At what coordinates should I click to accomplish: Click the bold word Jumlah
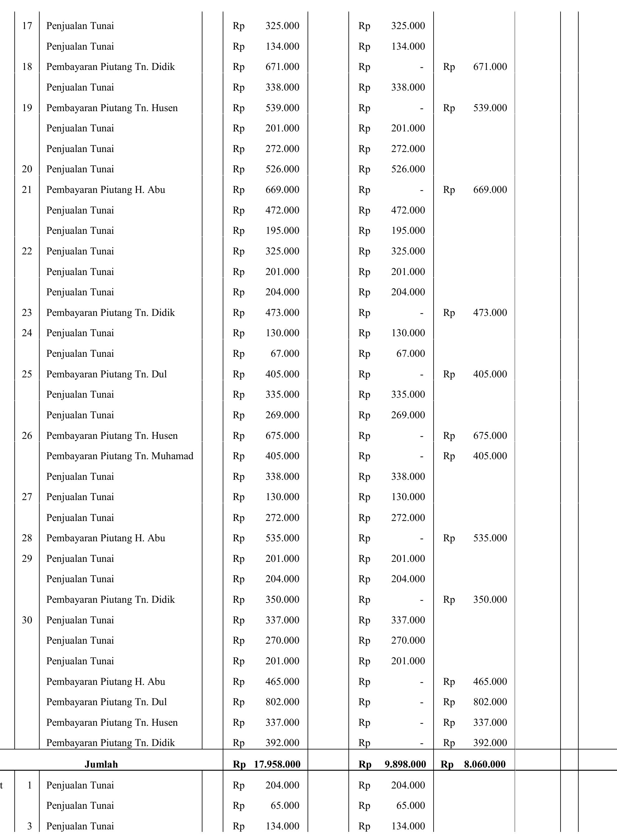pyautogui.click(x=101, y=764)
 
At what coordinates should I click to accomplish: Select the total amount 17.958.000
pyautogui.click(x=277, y=764)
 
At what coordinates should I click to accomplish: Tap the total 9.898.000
pyautogui.click(x=405, y=764)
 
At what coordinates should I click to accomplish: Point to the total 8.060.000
pyautogui.click(x=485, y=764)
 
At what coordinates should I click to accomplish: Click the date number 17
pyautogui.click(x=27, y=26)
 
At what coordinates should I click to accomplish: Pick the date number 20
pyautogui.click(x=27, y=169)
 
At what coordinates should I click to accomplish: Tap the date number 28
pyautogui.click(x=27, y=538)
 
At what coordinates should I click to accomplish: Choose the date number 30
pyautogui.click(x=27, y=620)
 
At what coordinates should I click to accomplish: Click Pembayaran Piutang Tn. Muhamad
pyautogui.click(x=119, y=456)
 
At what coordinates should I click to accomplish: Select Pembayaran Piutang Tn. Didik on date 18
pyautogui.click(x=110, y=67)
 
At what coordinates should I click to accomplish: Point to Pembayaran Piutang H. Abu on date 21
pyautogui.click(x=106, y=190)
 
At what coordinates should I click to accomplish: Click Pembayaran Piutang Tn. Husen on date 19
pyautogui.click(x=112, y=108)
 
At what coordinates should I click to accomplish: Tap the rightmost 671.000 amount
pyautogui.click(x=490, y=67)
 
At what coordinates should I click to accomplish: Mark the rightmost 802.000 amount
pyautogui.click(x=490, y=702)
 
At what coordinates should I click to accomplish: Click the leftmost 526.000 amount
pyautogui.click(x=282, y=169)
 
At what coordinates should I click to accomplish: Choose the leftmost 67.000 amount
pyautogui.click(x=285, y=353)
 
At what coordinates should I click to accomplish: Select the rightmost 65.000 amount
pyautogui.click(x=411, y=805)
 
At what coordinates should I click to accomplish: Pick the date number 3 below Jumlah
pyautogui.click(x=30, y=826)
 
